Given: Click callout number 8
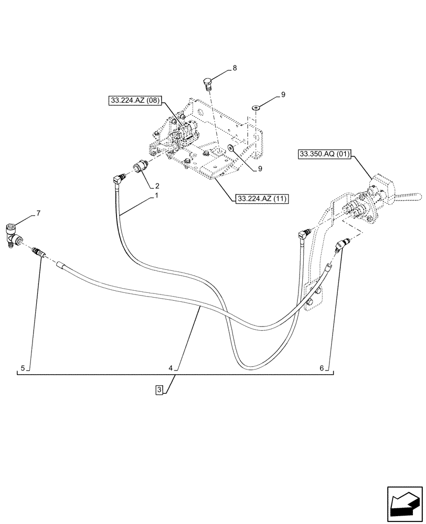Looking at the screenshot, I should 235,68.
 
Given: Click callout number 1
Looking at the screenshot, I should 156,195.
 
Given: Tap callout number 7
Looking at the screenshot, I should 38,213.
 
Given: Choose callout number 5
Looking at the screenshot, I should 23,368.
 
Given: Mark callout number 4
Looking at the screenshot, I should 171,368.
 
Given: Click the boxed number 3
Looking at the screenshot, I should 159,389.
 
